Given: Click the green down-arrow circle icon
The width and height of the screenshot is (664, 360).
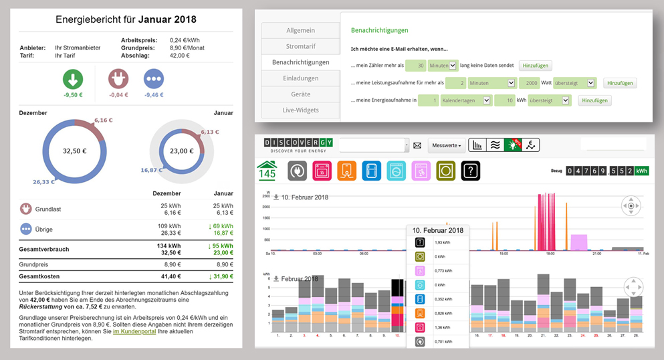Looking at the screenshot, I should [74, 80].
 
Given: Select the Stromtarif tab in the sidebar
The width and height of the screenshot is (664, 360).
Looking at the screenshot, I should [300, 46].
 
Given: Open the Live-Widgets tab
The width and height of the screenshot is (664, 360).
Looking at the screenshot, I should [300, 110].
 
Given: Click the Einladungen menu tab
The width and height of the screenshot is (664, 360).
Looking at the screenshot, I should [300, 78].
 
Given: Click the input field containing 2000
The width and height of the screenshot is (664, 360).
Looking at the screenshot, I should [528, 83].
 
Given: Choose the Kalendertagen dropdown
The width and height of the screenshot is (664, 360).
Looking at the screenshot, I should [466, 100].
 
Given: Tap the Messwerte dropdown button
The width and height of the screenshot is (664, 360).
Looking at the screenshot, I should [447, 145].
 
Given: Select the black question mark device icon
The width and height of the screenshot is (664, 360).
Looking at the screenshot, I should [471, 171].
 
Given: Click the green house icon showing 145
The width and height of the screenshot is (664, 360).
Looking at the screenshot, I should [267, 171].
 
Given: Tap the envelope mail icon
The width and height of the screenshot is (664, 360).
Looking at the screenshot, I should [417, 145].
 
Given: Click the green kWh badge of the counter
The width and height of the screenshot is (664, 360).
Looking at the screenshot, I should [641, 171].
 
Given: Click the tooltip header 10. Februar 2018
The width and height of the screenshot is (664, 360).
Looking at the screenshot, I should [437, 230].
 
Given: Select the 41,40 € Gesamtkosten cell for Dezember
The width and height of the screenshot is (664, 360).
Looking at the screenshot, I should [171, 276].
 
